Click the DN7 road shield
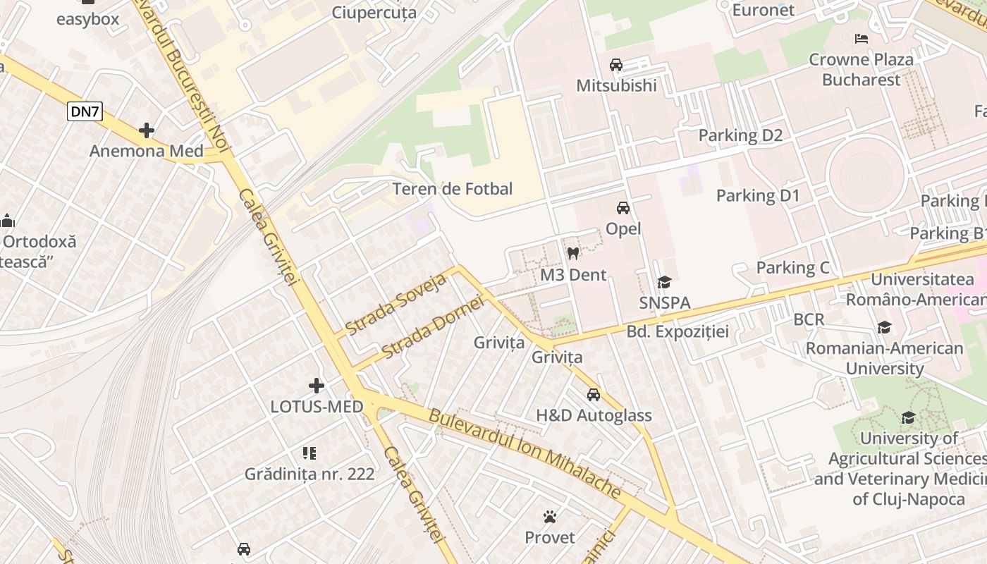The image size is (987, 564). tap(85, 111)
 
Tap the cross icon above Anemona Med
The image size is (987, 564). tap(147, 130)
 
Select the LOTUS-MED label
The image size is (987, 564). tap(317, 407)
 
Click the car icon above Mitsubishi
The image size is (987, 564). tap(616, 65)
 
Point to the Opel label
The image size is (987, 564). tap(623, 228)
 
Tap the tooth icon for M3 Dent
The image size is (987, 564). tap(572, 253)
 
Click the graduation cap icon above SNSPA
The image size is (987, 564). tap(664, 282)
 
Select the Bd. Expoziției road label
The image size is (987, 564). tap(678, 331)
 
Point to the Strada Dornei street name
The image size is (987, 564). tap(433, 326)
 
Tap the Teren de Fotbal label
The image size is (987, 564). tap(452, 189)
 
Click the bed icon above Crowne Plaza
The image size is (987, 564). tap(861, 38)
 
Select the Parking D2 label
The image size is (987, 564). tap(740, 135)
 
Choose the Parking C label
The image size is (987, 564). tap(792, 268)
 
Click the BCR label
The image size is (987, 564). tap(809, 319)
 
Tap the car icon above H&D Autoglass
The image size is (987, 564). tap(594, 395)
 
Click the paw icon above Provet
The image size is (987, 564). tap(550, 517)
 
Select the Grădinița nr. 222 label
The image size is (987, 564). tap(309, 474)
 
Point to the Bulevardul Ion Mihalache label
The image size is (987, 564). tap(525, 455)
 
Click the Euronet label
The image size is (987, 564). tap(763, 10)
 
